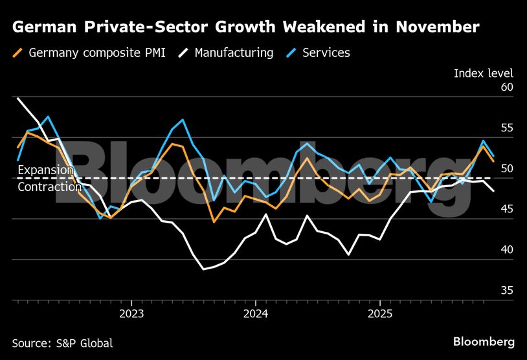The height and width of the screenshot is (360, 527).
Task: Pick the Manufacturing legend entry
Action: (232, 53)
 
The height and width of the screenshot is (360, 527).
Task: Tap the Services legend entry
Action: (326, 53)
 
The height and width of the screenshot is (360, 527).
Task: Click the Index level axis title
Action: (483, 73)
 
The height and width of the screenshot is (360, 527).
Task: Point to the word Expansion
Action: (46, 170)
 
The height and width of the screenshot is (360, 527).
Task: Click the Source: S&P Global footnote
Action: (62, 343)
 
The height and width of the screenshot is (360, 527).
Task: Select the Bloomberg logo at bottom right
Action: (484, 341)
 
